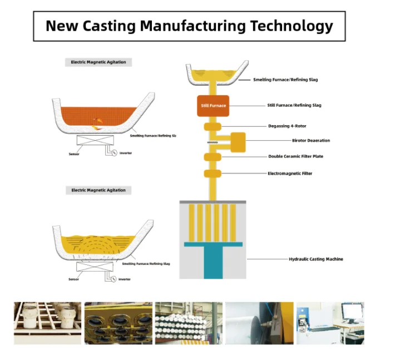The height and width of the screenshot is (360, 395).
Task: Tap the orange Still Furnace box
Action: (214, 105)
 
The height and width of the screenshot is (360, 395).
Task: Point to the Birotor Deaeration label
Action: (311, 141)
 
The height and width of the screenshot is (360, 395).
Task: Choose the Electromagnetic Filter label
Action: (290, 174)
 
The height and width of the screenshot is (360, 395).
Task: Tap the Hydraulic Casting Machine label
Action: (316, 259)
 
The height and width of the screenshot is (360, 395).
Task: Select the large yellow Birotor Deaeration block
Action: (238, 142)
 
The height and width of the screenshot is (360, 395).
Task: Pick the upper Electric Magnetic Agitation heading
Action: (98, 62)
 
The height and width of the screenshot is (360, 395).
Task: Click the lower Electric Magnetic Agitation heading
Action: (98, 190)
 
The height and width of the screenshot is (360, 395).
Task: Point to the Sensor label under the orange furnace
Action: (74, 154)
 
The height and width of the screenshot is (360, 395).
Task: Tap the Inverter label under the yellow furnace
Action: (125, 279)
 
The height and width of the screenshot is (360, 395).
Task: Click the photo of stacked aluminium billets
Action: (188, 323)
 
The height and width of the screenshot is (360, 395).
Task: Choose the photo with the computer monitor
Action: (330, 323)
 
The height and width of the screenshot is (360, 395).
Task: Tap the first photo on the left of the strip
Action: (47, 323)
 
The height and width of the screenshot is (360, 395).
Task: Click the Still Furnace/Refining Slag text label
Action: (294, 105)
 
